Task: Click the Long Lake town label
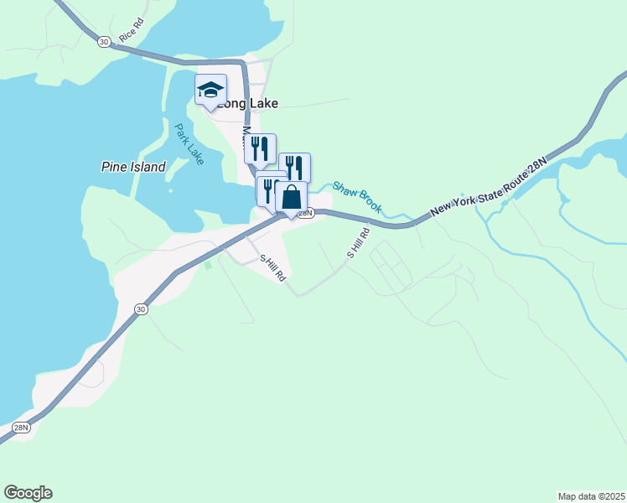tap(246, 104)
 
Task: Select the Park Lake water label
tap(189, 144)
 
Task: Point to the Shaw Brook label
tap(356, 196)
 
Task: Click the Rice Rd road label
tap(132, 32)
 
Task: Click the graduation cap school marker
tap(210, 89)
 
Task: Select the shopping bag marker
tap(291, 197)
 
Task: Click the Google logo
tap(28, 493)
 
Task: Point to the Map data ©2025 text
tap(590, 495)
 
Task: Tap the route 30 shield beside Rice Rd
tap(103, 42)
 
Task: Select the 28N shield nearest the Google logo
tap(21, 428)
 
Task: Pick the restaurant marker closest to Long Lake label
tap(260, 148)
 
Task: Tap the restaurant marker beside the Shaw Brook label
tap(294, 168)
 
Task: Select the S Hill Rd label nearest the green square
tap(272, 268)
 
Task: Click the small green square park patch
tap(209, 265)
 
